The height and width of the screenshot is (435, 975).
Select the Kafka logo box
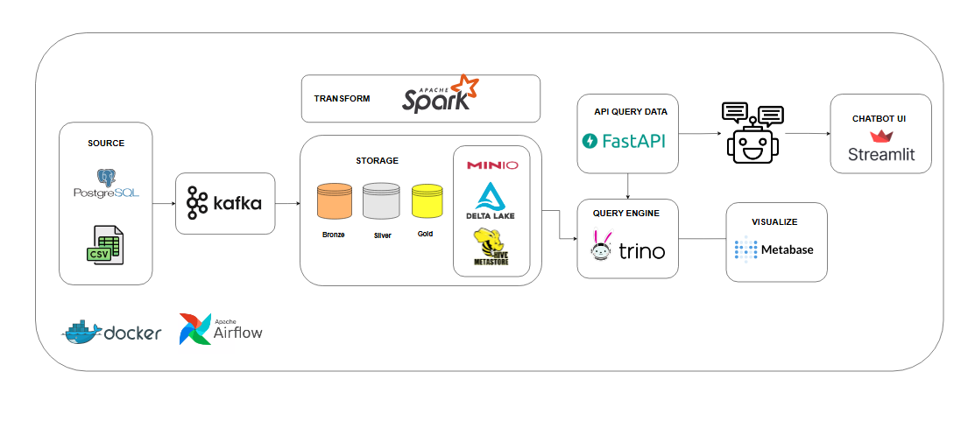click(224, 204)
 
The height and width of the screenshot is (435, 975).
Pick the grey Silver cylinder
click(381, 201)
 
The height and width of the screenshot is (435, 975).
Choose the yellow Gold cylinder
click(427, 200)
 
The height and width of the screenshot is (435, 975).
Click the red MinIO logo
click(491, 165)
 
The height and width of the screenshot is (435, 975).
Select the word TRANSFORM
click(342, 99)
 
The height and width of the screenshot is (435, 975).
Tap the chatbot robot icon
click(752, 133)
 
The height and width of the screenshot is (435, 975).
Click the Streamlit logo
click(880, 148)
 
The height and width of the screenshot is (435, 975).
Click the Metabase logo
click(774, 249)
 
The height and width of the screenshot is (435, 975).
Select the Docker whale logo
click(112, 332)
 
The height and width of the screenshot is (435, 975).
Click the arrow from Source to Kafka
click(164, 204)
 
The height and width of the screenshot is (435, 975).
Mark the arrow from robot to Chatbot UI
click(807, 133)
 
